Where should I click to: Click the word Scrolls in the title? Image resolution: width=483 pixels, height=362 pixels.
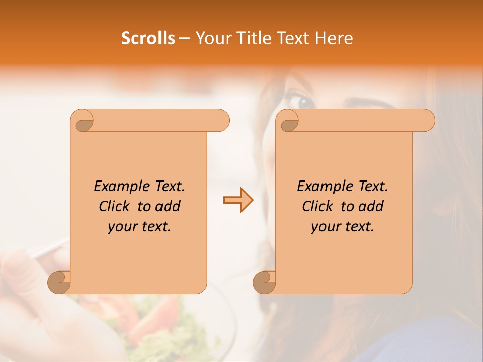[x=148, y=38]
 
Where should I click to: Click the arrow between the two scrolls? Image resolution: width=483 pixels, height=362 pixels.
[x=238, y=200]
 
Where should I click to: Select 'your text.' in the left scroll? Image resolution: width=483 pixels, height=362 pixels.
[x=139, y=227]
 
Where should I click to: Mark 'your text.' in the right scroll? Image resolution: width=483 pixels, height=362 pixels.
[x=343, y=227]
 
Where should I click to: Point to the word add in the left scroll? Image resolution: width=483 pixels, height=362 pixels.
[x=167, y=207]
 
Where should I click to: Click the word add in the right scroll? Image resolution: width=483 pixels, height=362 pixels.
[x=370, y=207]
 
